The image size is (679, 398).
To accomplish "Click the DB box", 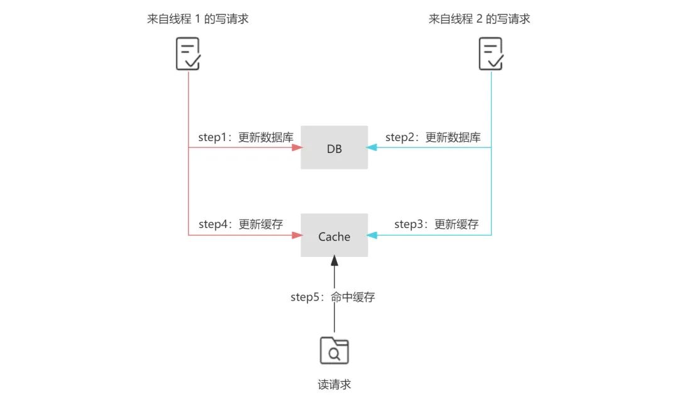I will pos(334,147).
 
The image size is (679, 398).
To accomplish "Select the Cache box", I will pos(334,236).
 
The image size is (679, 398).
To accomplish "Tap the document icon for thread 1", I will pos(187,54).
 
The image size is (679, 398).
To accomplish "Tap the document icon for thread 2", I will pos(491,54).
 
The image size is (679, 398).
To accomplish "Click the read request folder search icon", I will pos(334,350).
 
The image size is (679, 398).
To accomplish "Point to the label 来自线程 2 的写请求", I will pos(479,19).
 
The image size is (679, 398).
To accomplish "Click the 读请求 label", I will pos(334,384).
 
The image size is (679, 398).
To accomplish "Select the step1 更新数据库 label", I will pos(246,137).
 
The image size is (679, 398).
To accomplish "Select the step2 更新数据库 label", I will pos(433,137).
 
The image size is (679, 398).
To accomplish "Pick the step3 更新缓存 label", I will pos(436,224).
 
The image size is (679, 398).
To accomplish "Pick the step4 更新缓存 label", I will pos(241,224).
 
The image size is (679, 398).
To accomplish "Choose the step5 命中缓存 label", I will pos(333,297).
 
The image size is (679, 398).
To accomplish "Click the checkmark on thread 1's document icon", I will pos(194,61).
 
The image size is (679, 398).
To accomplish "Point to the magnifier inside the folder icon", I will pos(335,354).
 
